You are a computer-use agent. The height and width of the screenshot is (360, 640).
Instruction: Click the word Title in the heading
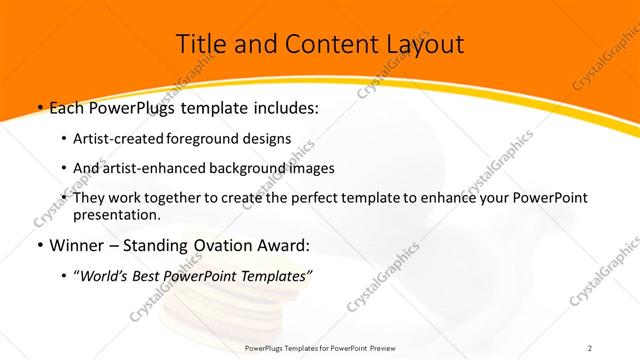201,44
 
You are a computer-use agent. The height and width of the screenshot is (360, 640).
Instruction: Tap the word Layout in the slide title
420,44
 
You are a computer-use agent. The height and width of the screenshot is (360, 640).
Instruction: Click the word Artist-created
121,139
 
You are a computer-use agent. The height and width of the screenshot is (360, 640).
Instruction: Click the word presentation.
116,214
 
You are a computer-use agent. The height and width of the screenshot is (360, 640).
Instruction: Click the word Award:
283,244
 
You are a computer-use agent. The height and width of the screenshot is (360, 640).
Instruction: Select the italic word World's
107,275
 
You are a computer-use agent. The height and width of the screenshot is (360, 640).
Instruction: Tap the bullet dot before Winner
38,245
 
